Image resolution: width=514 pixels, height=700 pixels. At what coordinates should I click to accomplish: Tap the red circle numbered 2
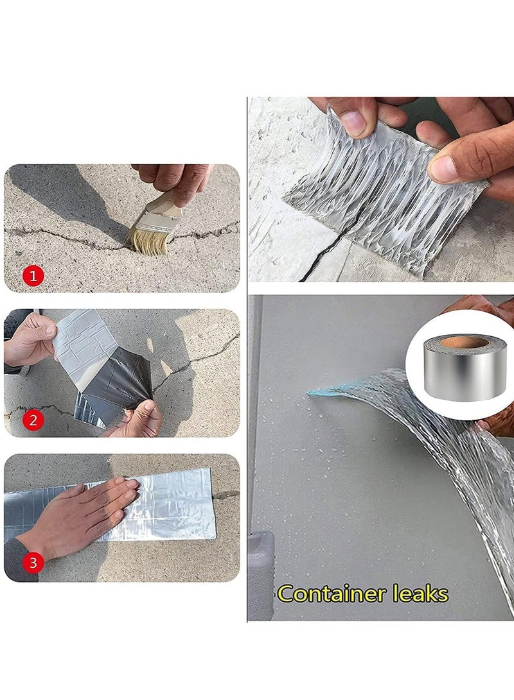pyautogui.click(x=33, y=421)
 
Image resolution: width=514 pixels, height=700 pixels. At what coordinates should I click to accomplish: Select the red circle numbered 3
pyautogui.click(x=33, y=563)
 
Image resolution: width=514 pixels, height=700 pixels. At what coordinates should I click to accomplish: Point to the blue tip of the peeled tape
pyautogui.click(x=321, y=390)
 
